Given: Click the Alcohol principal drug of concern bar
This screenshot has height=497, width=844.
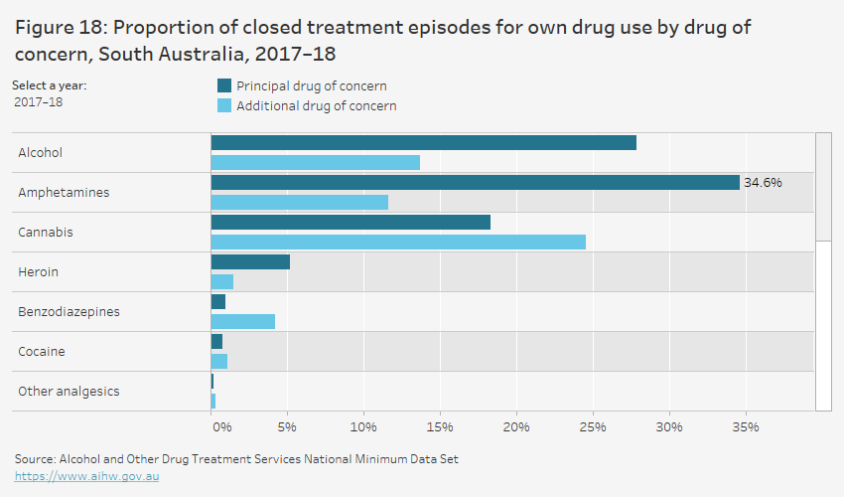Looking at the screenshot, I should (423, 143).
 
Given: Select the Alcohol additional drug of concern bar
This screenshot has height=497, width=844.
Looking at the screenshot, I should (316, 162).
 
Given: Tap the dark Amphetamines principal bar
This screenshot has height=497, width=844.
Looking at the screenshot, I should (475, 183).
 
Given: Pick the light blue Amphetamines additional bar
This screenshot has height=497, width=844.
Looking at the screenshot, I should (300, 202).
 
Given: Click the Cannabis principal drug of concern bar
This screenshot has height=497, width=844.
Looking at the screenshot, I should (351, 223).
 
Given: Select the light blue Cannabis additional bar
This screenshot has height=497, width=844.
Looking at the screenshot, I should (398, 242).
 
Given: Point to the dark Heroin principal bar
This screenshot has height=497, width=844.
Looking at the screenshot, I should (250, 262).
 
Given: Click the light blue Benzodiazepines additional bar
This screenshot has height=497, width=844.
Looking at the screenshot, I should (243, 321).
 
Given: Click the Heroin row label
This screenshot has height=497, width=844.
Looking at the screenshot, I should (39, 271).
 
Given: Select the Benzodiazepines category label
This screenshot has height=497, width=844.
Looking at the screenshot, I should (69, 311).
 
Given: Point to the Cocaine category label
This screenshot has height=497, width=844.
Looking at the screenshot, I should (42, 351).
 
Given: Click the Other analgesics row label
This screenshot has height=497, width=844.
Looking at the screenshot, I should (69, 391).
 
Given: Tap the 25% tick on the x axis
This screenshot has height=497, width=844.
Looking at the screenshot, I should (593, 426).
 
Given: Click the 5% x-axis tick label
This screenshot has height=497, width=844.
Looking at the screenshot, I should (287, 426).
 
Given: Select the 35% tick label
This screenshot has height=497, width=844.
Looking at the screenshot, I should (746, 426).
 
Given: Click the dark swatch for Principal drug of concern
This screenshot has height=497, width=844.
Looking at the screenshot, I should (223, 86).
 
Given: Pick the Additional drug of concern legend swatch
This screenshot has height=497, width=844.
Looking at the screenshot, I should (223, 106).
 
